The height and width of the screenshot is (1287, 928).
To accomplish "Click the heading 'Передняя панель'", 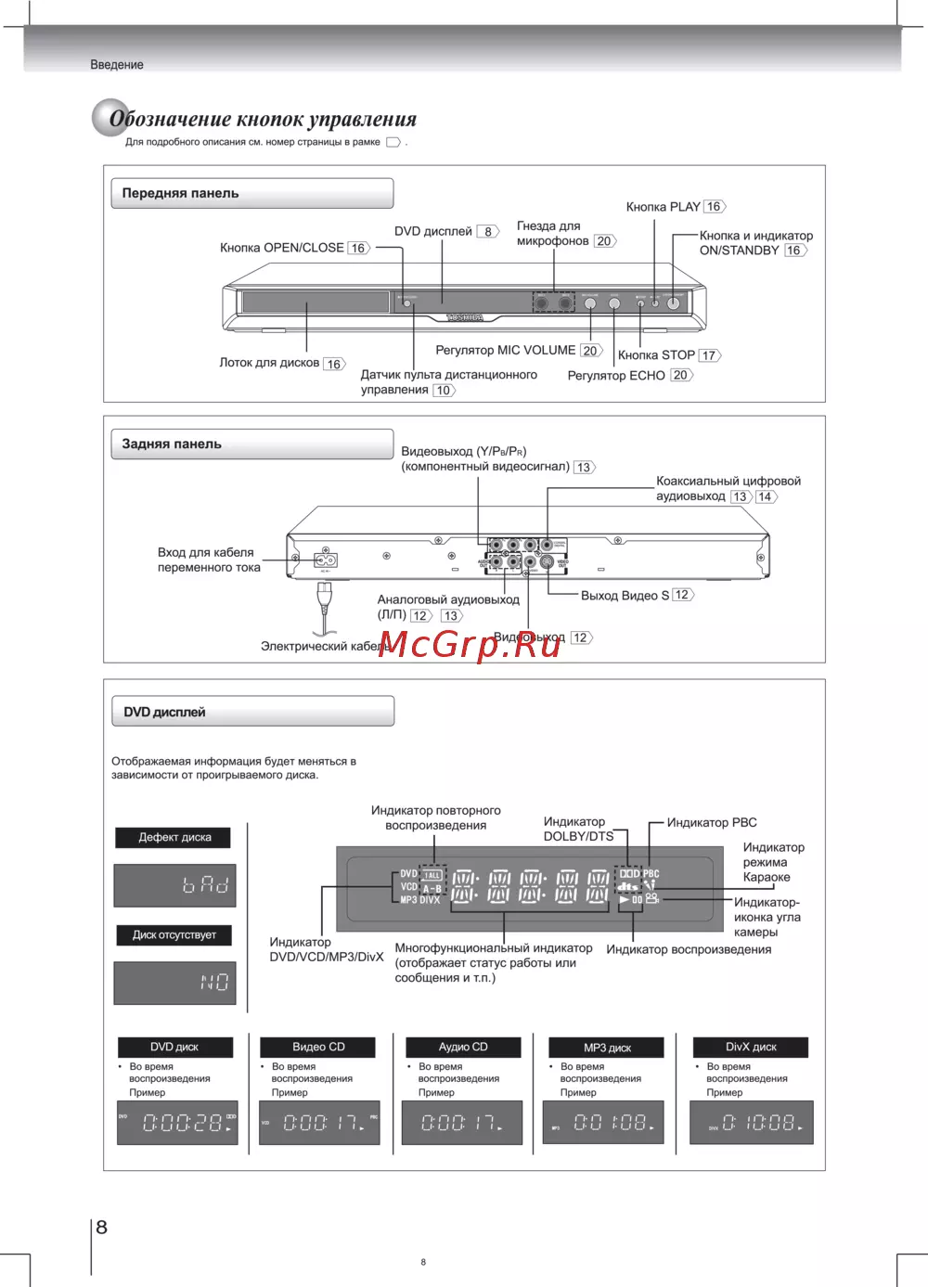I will pos(181,193).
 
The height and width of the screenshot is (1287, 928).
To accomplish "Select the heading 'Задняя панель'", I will pos(172,444).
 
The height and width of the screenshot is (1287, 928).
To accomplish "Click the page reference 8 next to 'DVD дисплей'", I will pos(488,232).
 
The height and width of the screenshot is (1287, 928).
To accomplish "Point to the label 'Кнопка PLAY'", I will pos(663,206).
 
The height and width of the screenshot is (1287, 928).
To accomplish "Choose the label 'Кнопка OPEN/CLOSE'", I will pos(281,248).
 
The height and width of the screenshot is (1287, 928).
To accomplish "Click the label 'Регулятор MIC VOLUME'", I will pos(505,350).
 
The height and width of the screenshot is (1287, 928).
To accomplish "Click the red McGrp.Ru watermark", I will pos(470,643).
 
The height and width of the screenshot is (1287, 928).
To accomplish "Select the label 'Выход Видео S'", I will pos(625,595).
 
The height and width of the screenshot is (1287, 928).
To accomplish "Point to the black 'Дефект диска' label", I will pos(174,837).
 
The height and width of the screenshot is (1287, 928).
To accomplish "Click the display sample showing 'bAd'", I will pos(174,885).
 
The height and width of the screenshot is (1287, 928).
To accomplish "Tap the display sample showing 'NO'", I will pos(174,983).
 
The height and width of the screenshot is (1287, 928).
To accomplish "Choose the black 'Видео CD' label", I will pos(318,1047).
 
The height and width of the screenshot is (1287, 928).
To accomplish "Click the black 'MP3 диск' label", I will pos(607,1048).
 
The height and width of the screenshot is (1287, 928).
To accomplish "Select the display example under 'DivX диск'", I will pos(752,1123).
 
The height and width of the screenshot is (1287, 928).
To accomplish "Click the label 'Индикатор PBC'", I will pos(712,822).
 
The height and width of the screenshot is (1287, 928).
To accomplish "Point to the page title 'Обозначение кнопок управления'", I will pos(263,119).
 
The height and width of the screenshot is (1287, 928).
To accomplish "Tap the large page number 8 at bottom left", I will pos(102,1227).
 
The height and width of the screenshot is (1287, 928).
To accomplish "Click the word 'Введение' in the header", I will pos(117,65).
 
